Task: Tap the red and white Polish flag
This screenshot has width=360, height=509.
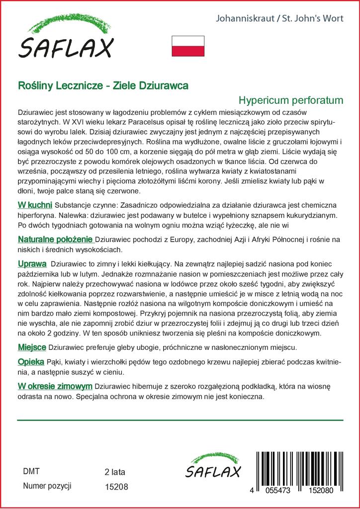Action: click(x=188, y=46)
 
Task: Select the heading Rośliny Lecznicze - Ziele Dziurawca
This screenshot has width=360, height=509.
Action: click(x=103, y=85)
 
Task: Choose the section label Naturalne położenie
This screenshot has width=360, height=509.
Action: click(x=55, y=240)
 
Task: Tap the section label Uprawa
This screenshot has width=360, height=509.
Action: click(x=32, y=263)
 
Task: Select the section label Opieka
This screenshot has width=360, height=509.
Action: click(x=31, y=361)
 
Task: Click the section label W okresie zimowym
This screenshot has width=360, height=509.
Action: click(x=55, y=386)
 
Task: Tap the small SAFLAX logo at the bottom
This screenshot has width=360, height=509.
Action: click(x=213, y=466)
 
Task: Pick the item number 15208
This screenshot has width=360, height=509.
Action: click(x=116, y=487)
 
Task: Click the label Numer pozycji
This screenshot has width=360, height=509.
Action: click(x=48, y=486)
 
